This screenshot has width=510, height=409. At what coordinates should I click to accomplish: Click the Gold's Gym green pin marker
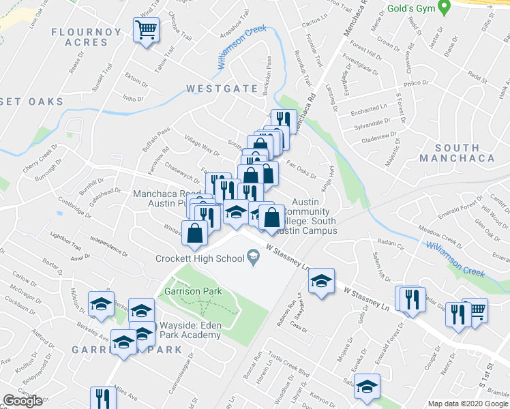445,8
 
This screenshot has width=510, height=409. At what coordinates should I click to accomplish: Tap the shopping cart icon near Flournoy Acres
146,30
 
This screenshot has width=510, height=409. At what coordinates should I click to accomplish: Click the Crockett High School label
200,258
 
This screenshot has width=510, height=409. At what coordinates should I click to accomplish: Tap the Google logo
22,401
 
